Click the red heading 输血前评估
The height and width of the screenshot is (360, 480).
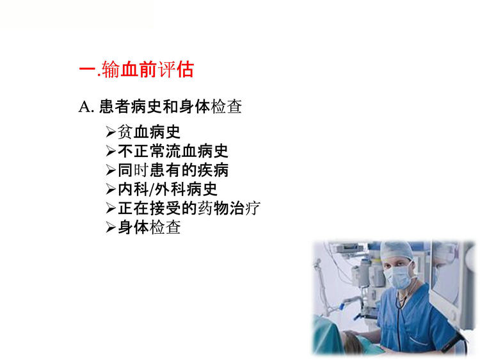pyautogui.click(x=148, y=69)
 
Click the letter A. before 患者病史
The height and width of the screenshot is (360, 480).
pyautogui.click(x=86, y=107)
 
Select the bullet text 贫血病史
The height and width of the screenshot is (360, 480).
pyautogui.click(x=149, y=132)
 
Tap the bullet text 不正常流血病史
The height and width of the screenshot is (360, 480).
pyautogui.click(x=173, y=151)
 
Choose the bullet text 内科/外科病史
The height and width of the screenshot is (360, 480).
pyautogui.click(x=168, y=189)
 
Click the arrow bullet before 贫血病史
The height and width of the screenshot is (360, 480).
pyautogui.click(x=111, y=132)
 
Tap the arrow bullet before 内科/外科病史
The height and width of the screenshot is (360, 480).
pyautogui.click(x=111, y=189)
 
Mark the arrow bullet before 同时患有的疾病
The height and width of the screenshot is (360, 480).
pyautogui.click(x=111, y=170)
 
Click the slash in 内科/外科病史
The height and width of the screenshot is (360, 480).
pyautogui.click(x=152, y=190)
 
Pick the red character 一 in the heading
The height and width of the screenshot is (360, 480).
pyautogui.click(x=88, y=70)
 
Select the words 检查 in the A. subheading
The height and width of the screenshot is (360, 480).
pyautogui.click(x=227, y=106)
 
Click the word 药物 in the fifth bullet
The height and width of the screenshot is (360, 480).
pyautogui.click(x=212, y=208)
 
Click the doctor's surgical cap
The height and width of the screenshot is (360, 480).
pyautogui.click(x=396, y=251)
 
